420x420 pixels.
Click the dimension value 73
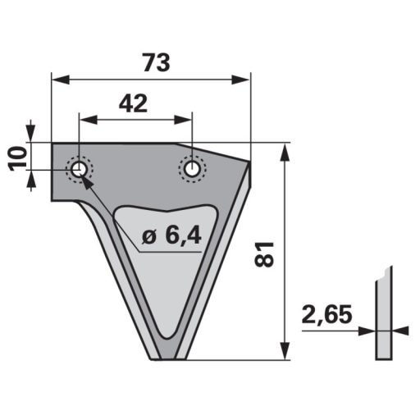tap(150, 63)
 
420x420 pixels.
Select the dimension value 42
tap(133, 103)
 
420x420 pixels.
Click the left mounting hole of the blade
tap(80, 169)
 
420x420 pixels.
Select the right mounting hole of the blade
tap(192, 168)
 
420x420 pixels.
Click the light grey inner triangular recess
tap(168, 271)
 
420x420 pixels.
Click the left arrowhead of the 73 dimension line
tap(57, 80)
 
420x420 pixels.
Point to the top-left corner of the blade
tap(53, 145)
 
